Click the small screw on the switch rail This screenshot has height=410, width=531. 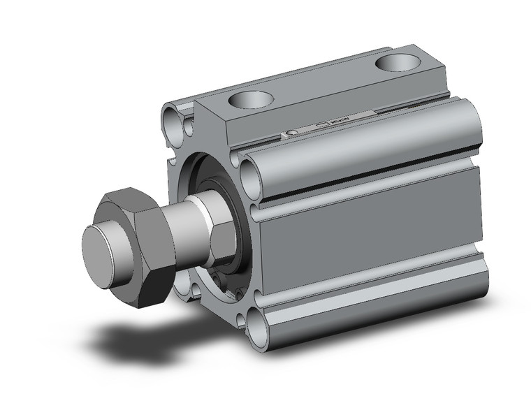click(x=292, y=132)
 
